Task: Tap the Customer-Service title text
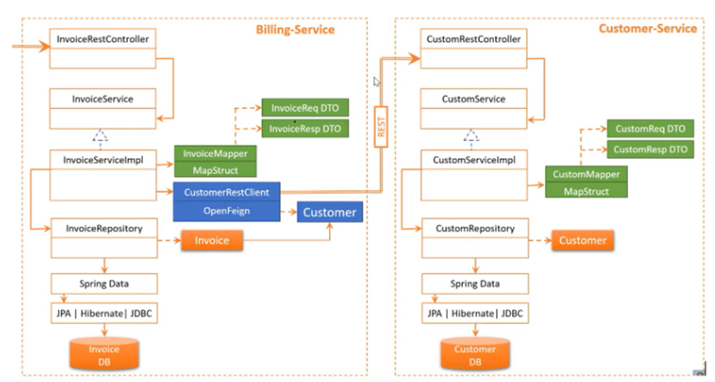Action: tap(647, 29)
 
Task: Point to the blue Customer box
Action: tap(329, 213)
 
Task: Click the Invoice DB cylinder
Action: tap(104, 354)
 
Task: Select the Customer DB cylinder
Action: tap(475, 354)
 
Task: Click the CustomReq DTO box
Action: tap(650, 129)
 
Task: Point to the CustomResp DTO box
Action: tap(650, 149)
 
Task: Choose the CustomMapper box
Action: tap(586, 174)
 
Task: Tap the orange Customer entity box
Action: tap(583, 241)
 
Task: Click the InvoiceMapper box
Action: tap(216, 154)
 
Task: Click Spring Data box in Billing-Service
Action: tap(104, 284)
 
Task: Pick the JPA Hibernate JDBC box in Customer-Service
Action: tap(474, 313)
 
